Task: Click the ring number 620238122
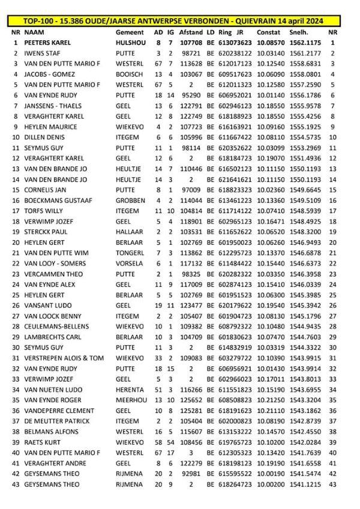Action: [235, 53]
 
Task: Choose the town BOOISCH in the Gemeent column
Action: [130, 74]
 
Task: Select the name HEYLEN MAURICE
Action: [47, 127]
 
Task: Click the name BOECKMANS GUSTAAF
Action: [53, 200]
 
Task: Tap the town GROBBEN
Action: [130, 200]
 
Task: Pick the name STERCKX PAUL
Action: [44, 232]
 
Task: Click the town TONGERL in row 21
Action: [130, 253]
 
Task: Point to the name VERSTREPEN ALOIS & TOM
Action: [64, 358]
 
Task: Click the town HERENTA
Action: [130, 389]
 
